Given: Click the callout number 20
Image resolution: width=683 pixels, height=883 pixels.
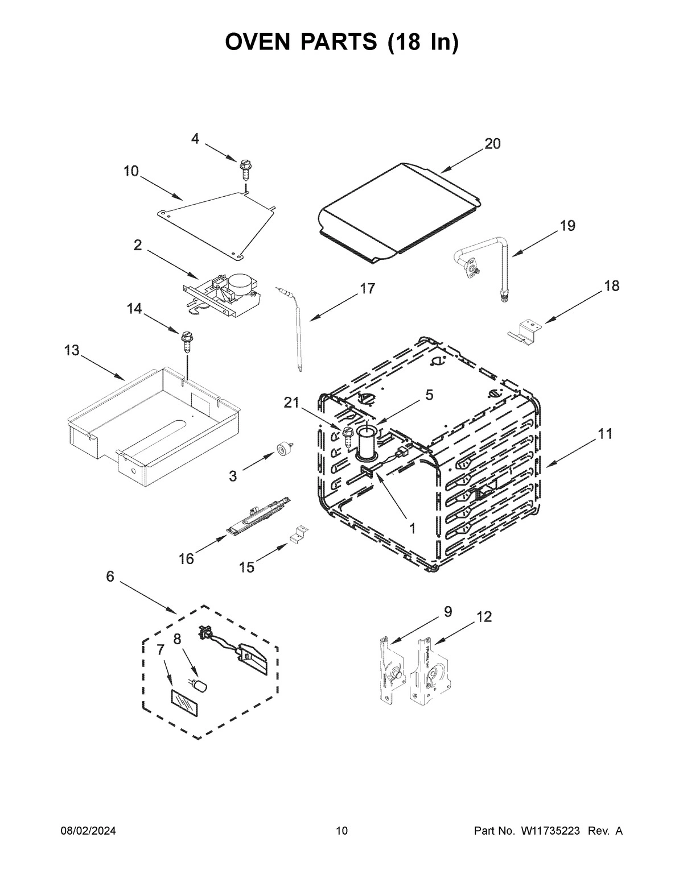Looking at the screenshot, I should (492, 144).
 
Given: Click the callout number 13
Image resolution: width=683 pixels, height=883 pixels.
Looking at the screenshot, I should (72, 351).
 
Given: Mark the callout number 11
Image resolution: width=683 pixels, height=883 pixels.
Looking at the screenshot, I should (605, 434).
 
